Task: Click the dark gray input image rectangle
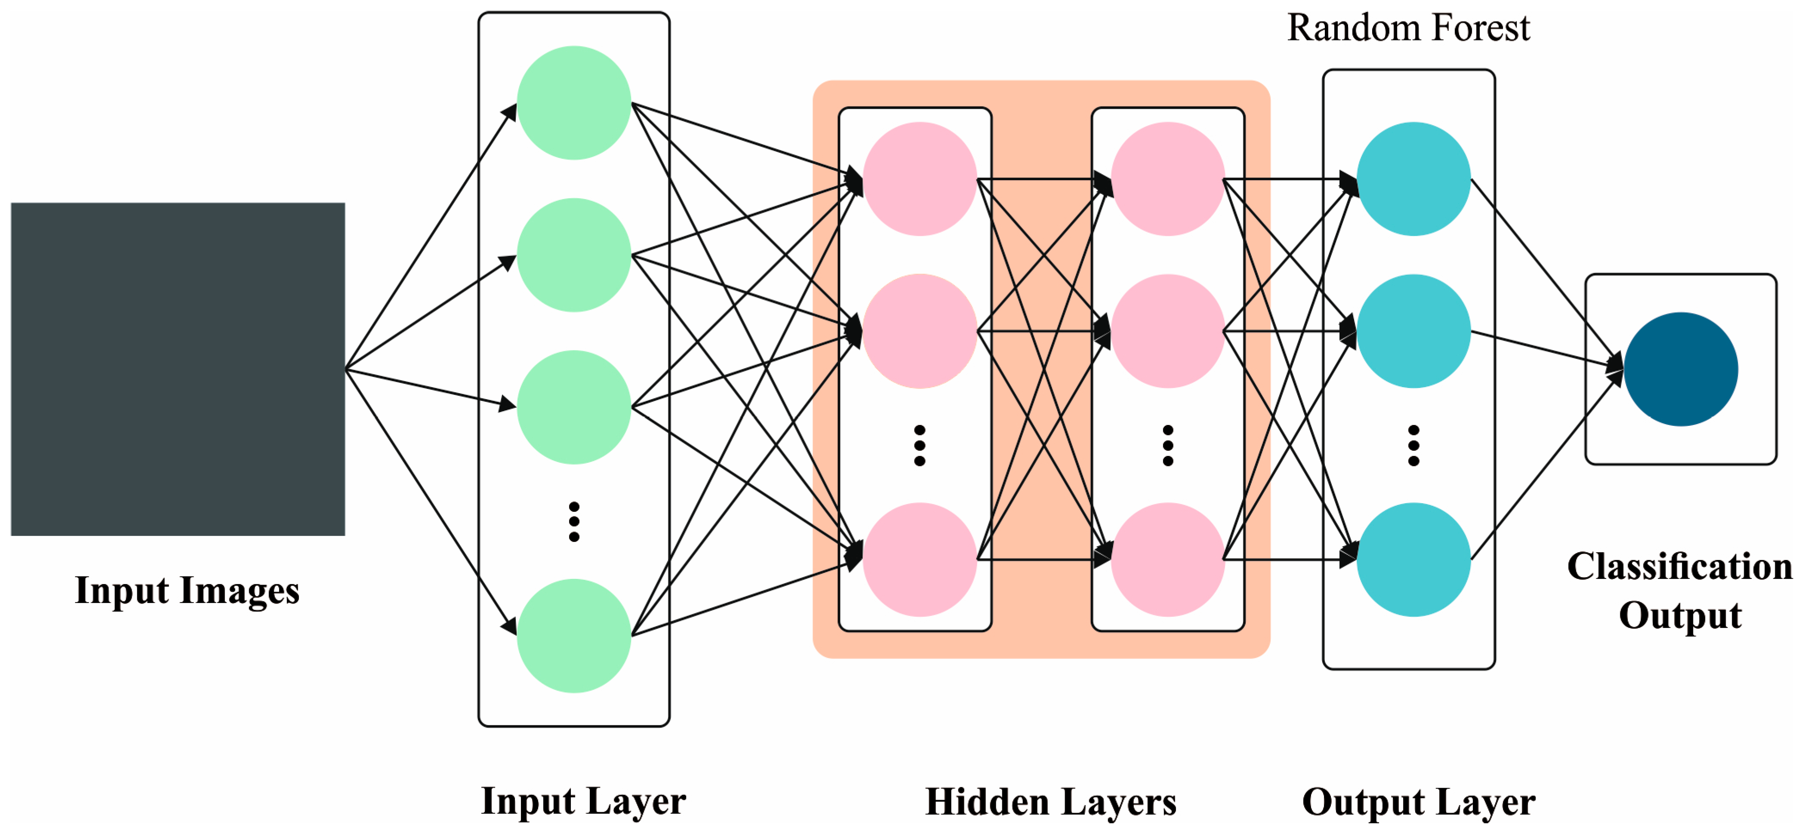coord(178,369)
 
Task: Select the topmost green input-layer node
coord(574,103)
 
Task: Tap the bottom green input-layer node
coord(574,636)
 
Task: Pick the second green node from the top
coord(574,255)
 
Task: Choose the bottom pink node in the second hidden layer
coord(1167,560)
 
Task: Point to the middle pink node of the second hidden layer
coord(1167,331)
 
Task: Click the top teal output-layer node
coord(1414,179)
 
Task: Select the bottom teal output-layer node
coord(1414,560)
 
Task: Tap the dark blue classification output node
coord(1681,369)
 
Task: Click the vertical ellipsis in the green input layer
coord(574,521)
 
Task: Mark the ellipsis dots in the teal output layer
coord(1414,445)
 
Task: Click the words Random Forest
coord(1408,28)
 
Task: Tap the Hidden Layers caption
coord(1051,802)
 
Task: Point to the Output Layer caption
coord(1419,802)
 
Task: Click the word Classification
coord(1680,566)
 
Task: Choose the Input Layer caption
coord(583,802)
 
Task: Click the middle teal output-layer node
coord(1414,331)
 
